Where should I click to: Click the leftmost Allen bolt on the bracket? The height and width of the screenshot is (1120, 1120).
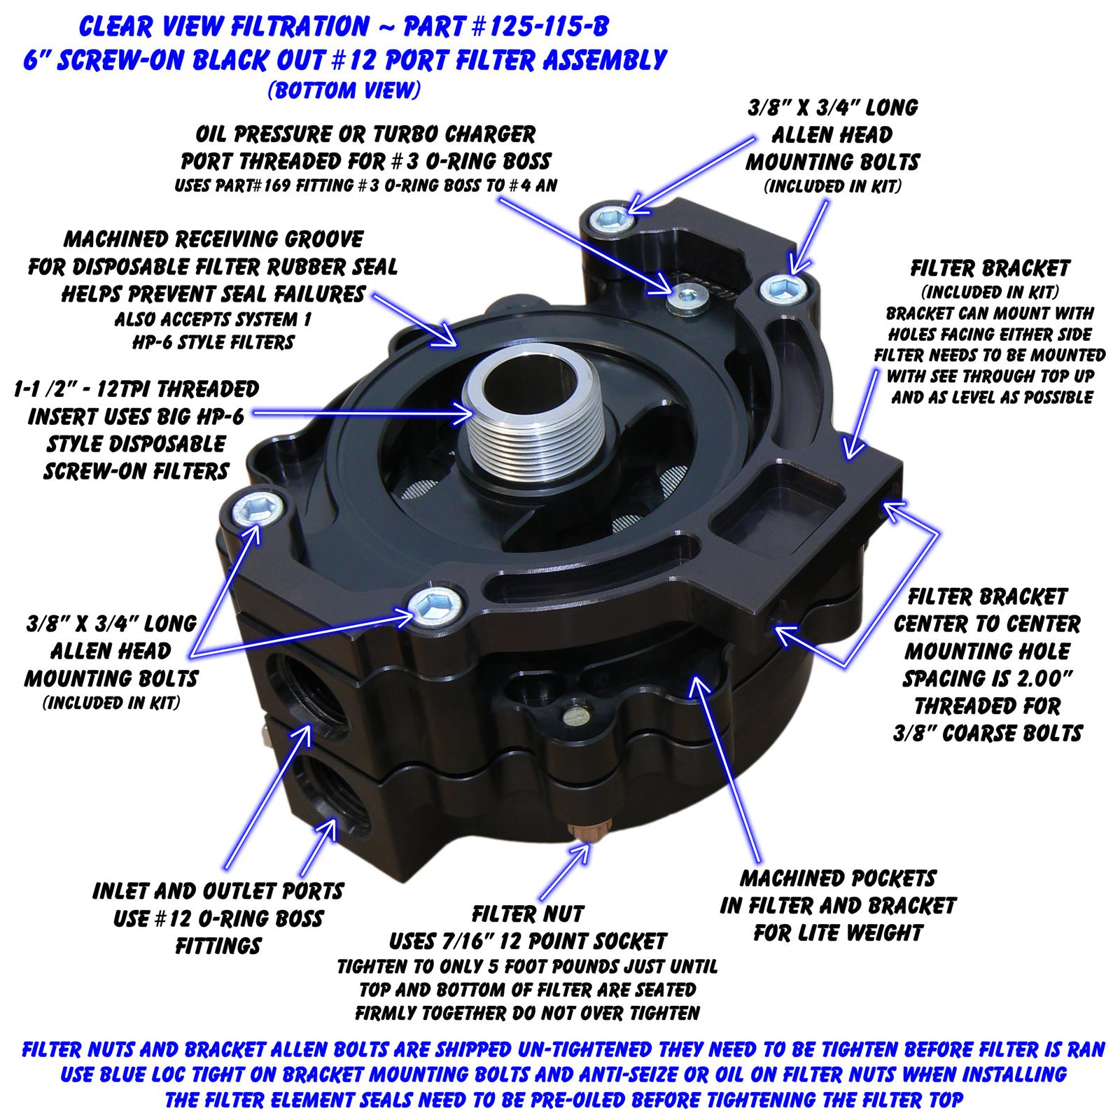click(259, 507)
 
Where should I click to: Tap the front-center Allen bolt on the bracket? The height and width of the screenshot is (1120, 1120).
click(438, 602)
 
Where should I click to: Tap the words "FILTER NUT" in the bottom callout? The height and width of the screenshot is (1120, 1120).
click(527, 913)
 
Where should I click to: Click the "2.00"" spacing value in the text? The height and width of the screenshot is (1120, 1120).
click(1035, 678)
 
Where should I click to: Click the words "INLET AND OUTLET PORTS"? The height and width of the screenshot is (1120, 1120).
click(218, 891)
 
